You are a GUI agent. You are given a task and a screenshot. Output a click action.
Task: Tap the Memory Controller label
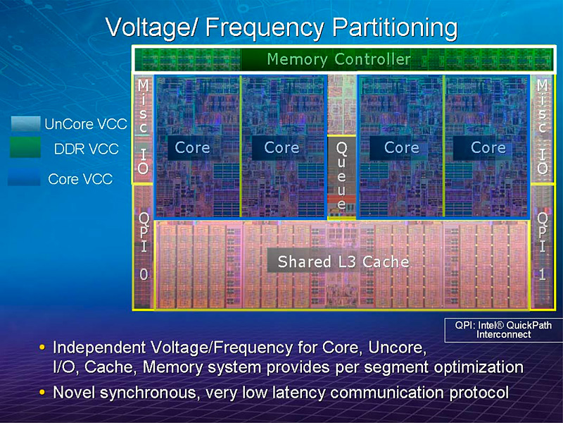[x=339, y=59]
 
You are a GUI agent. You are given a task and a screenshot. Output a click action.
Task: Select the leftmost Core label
[x=192, y=148]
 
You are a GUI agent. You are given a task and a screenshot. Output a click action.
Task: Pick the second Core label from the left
[x=281, y=148]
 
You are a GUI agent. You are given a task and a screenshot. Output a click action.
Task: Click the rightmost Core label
[x=488, y=148]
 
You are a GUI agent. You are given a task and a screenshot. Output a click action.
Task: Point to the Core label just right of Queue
[x=402, y=148]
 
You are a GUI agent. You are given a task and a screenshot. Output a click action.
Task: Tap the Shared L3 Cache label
[x=343, y=262]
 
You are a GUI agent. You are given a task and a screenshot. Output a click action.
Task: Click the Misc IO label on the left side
[x=143, y=127]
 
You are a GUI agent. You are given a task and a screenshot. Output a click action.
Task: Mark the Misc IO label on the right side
[x=542, y=127]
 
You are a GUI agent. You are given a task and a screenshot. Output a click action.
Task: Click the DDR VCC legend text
[x=86, y=149]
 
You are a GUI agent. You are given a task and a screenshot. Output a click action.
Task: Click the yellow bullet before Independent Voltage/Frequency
[x=44, y=348]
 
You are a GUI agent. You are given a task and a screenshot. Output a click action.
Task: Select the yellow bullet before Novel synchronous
[x=44, y=391]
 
